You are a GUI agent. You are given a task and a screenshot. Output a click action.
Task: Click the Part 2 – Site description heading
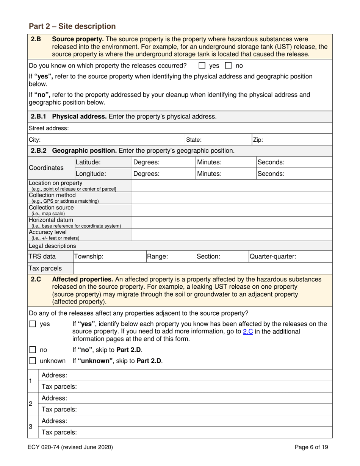click(x=72, y=26)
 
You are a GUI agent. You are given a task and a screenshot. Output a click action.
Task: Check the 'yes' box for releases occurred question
click(x=202, y=66)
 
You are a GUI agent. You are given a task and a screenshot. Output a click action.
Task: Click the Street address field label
click(x=49, y=128)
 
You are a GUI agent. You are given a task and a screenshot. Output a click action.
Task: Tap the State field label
click(x=193, y=139)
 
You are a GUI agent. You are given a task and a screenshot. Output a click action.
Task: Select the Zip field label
click(x=258, y=139)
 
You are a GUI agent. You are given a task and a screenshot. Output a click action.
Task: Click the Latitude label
click(x=88, y=162)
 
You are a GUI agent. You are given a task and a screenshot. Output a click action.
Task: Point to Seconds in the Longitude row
click(x=271, y=174)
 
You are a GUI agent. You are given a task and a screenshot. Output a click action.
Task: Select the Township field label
click(x=89, y=256)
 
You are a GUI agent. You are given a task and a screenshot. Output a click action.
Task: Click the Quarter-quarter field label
click(x=272, y=256)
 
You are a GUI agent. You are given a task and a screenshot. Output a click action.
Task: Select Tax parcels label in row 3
click(x=59, y=432)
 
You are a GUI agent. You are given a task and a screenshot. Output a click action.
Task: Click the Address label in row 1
click(x=54, y=375)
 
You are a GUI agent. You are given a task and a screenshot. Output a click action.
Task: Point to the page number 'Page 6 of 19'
click(x=311, y=447)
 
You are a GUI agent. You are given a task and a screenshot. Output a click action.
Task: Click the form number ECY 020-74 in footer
click(x=71, y=447)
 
